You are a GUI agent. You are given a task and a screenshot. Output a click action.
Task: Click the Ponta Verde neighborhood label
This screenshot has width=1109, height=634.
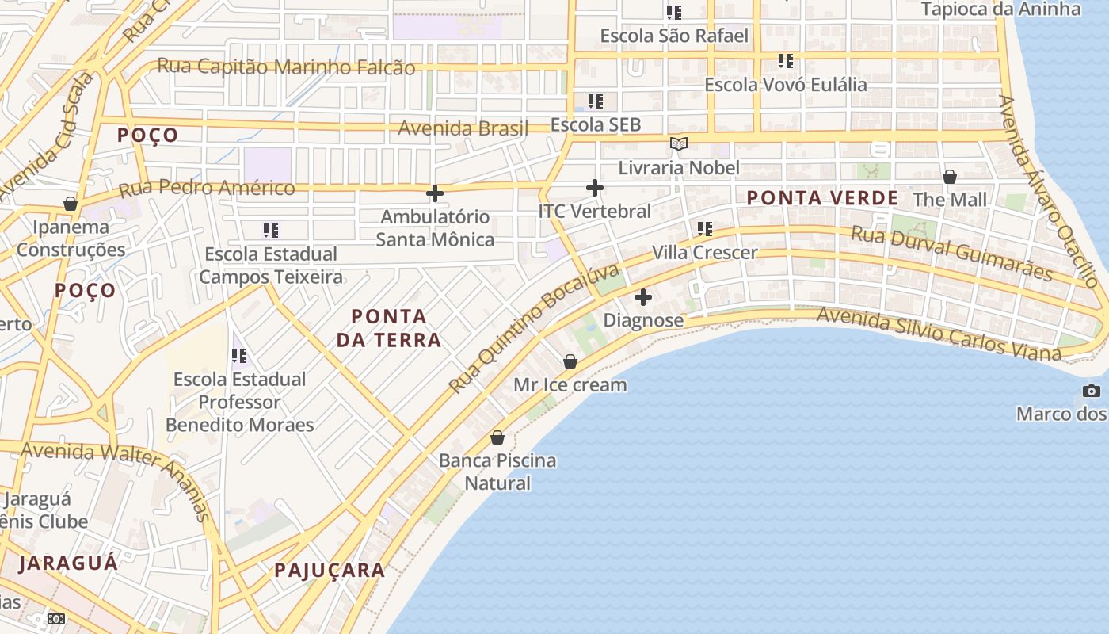point(822,198)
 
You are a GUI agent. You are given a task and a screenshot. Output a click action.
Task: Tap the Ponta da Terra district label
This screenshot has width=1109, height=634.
point(389,328)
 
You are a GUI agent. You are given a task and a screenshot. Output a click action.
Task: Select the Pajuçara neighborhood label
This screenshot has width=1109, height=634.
point(330,570)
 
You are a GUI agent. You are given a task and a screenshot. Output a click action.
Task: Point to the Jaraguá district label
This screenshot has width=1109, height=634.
point(68,563)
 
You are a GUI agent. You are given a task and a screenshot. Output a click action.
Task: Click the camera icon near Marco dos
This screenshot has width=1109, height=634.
point(1092,391)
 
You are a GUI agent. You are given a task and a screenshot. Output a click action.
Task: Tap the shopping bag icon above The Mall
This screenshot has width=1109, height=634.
point(950,176)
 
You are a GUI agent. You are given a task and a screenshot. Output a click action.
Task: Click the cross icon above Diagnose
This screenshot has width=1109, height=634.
point(643,297)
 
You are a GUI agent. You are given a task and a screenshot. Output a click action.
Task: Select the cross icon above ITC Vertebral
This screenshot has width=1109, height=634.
point(595,188)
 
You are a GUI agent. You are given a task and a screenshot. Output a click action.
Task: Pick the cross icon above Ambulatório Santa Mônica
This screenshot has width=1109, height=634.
point(435,193)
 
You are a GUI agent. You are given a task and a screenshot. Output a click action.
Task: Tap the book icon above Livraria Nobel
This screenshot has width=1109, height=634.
point(679,143)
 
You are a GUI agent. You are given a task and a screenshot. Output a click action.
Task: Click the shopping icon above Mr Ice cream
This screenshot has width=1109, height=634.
point(570,361)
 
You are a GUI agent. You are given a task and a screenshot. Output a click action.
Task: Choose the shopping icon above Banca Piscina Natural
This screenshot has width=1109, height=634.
point(497,437)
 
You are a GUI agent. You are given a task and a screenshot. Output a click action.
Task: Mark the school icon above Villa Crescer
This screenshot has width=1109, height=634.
point(704,229)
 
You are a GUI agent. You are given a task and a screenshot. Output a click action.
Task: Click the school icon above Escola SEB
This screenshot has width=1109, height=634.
point(595,101)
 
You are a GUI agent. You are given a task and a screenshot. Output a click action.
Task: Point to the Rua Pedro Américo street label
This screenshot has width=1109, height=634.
point(206,189)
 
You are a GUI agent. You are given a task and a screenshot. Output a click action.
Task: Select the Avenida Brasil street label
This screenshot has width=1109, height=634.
point(463,128)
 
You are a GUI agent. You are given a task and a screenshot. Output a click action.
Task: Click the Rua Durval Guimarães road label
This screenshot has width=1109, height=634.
point(951,253)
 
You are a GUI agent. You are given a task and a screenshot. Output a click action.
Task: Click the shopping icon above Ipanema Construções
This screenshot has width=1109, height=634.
point(71,204)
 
